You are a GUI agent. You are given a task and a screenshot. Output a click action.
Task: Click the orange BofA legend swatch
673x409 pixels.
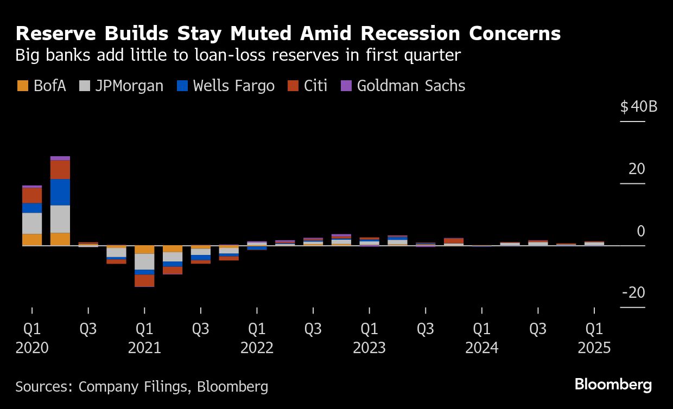23,86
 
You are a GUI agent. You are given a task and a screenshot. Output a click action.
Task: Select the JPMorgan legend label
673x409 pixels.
129,86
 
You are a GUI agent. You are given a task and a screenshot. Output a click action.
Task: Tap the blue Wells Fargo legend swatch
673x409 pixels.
182,86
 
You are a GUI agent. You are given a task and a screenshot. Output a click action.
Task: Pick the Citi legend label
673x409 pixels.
315,86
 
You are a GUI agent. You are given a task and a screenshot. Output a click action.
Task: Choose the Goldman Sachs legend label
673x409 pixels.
411,86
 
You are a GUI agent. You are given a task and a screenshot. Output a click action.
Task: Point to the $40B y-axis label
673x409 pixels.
639,106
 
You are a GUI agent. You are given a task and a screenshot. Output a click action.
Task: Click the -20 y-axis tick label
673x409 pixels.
633,293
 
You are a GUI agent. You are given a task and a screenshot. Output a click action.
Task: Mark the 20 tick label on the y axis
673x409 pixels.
637,169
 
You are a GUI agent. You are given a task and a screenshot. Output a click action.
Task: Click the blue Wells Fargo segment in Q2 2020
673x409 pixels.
60,192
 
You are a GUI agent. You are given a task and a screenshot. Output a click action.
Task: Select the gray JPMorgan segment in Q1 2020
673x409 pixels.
32,223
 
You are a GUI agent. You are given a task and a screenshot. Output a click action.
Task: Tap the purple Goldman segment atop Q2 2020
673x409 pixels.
60,158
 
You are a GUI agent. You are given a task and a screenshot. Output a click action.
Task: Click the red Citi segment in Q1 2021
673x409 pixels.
144,280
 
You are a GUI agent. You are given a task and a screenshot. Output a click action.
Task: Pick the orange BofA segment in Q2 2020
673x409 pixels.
60,239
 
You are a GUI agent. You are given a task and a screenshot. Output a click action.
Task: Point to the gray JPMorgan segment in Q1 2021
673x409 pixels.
144,261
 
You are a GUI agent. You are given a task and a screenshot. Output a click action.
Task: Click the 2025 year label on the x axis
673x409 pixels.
594,348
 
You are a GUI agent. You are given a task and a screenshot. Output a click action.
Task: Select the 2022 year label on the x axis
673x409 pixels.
257,348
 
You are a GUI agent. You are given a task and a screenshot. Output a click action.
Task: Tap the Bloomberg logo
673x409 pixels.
613,385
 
